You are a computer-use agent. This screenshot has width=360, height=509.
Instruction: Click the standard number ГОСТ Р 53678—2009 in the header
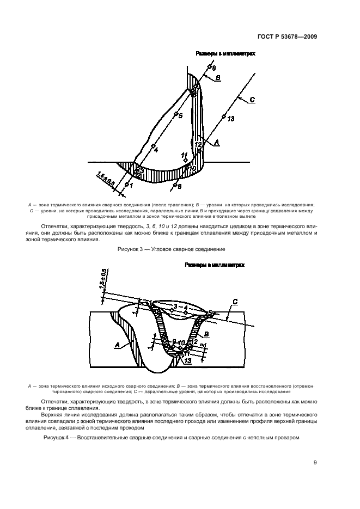tap(286, 37)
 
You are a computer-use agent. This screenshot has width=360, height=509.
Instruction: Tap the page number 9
tap(315, 463)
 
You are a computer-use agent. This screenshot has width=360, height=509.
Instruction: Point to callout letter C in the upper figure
tap(252, 100)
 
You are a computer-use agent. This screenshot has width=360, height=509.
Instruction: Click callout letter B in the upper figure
tap(218, 78)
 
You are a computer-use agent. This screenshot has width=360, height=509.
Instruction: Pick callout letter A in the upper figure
tap(217, 142)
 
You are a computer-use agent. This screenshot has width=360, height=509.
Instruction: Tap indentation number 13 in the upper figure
tap(231, 119)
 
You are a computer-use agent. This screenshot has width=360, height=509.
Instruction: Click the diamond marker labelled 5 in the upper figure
tap(176, 114)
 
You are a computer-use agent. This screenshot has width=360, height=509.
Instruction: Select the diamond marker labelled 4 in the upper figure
tap(153, 145)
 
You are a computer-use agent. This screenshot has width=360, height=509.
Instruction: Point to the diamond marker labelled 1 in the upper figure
tap(127, 184)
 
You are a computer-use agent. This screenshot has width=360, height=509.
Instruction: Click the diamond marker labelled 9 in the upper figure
tap(175, 185)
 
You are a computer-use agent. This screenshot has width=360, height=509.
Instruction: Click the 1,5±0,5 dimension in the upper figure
tap(106, 180)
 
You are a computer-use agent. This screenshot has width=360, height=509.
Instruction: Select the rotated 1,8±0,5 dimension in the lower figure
tap(103, 280)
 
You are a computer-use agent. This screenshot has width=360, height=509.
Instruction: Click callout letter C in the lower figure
tap(234, 302)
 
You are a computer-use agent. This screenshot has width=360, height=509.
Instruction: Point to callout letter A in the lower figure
tap(118, 345)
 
